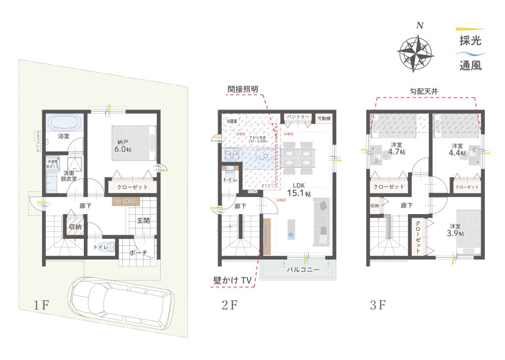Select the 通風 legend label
tap(470, 65)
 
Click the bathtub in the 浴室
tap(64, 122)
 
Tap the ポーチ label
tap(138, 253)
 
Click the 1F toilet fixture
tap(111, 248)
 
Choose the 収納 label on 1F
tap(75, 227)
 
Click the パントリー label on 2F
tap(298, 117)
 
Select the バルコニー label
tap(303, 270)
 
